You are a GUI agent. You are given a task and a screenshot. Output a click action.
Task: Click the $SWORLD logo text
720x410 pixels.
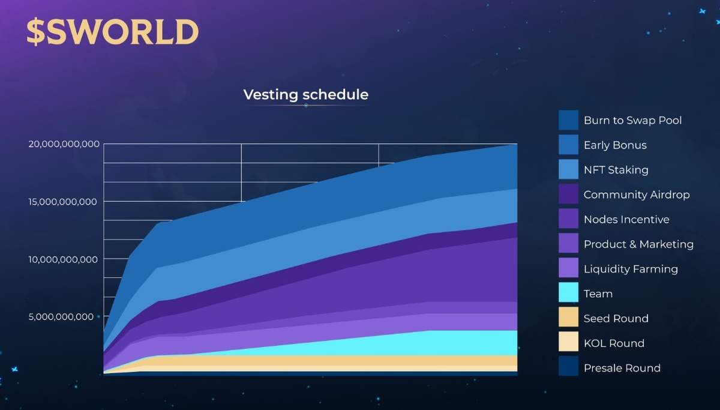pyautogui.click(x=112, y=32)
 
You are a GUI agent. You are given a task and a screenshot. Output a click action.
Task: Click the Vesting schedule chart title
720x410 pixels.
pyautogui.click(x=305, y=95)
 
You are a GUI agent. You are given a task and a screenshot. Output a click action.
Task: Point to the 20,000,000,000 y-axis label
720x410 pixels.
pyautogui.click(x=64, y=144)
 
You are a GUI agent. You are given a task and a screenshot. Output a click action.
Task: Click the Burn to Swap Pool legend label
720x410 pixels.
pyautogui.click(x=632, y=120)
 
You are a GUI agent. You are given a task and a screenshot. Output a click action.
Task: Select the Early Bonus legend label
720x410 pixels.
pyautogui.click(x=615, y=145)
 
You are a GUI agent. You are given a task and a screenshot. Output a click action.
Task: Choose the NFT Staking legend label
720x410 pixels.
pyautogui.click(x=616, y=170)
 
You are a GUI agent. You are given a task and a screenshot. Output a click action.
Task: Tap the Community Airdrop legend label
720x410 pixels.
pyautogui.click(x=637, y=194)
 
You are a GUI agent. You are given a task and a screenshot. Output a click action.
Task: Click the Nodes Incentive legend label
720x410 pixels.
pyautogui.click(x=626, y=219)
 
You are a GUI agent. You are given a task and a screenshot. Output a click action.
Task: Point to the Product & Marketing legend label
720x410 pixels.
pyautogui.click(x=638, y=244)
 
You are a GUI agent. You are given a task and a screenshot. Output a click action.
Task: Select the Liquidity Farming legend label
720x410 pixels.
pyautogui.click(x=631, y=269)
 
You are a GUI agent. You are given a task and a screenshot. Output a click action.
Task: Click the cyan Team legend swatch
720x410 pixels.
pyautogui.click(x=568, y=293)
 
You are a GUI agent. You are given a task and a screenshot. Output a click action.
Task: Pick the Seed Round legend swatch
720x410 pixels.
pyautogui.click(x=568, y=318)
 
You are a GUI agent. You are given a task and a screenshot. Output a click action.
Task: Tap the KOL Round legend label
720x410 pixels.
pyautogui.click(x=614, y=343)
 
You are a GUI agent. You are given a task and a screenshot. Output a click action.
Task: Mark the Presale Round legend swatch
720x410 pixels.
pyautogui.click(x=568, y=367)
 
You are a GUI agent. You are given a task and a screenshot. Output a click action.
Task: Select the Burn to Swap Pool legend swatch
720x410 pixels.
pyautogui.click(x=568, y=120)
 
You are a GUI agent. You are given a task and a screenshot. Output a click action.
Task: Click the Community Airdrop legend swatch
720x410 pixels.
pyautogui.click(x=568, y=194)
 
